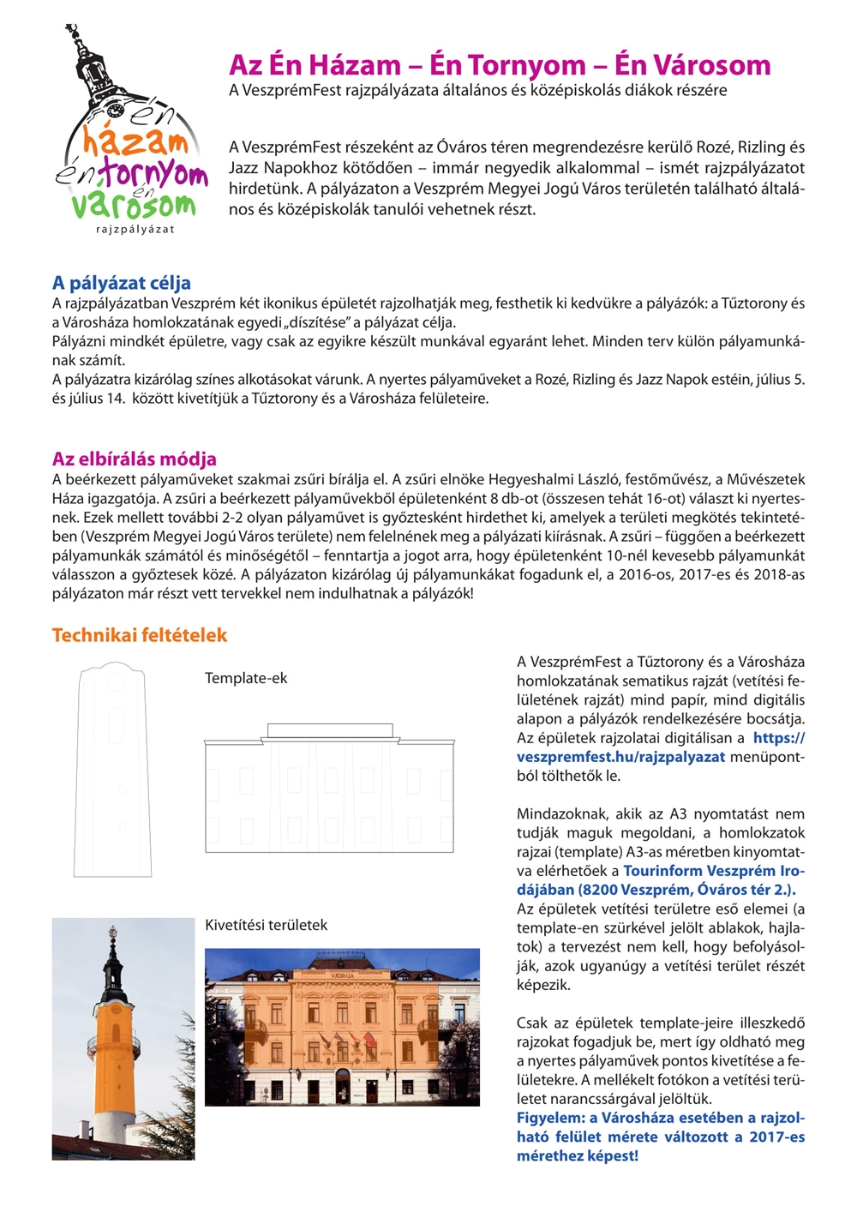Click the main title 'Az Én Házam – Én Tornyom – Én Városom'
point(500,65)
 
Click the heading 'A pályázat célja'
point(121,283)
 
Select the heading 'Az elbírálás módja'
point(134,459)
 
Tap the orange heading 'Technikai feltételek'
point(139,635)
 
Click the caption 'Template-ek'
point(246,678)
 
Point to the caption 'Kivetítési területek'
point(266,925)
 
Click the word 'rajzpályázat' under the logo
point(135,230)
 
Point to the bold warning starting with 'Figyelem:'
point(660,1137)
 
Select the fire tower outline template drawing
point(115,768)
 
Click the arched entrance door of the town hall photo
point(343,1083)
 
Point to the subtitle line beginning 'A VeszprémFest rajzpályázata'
point(477,90)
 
